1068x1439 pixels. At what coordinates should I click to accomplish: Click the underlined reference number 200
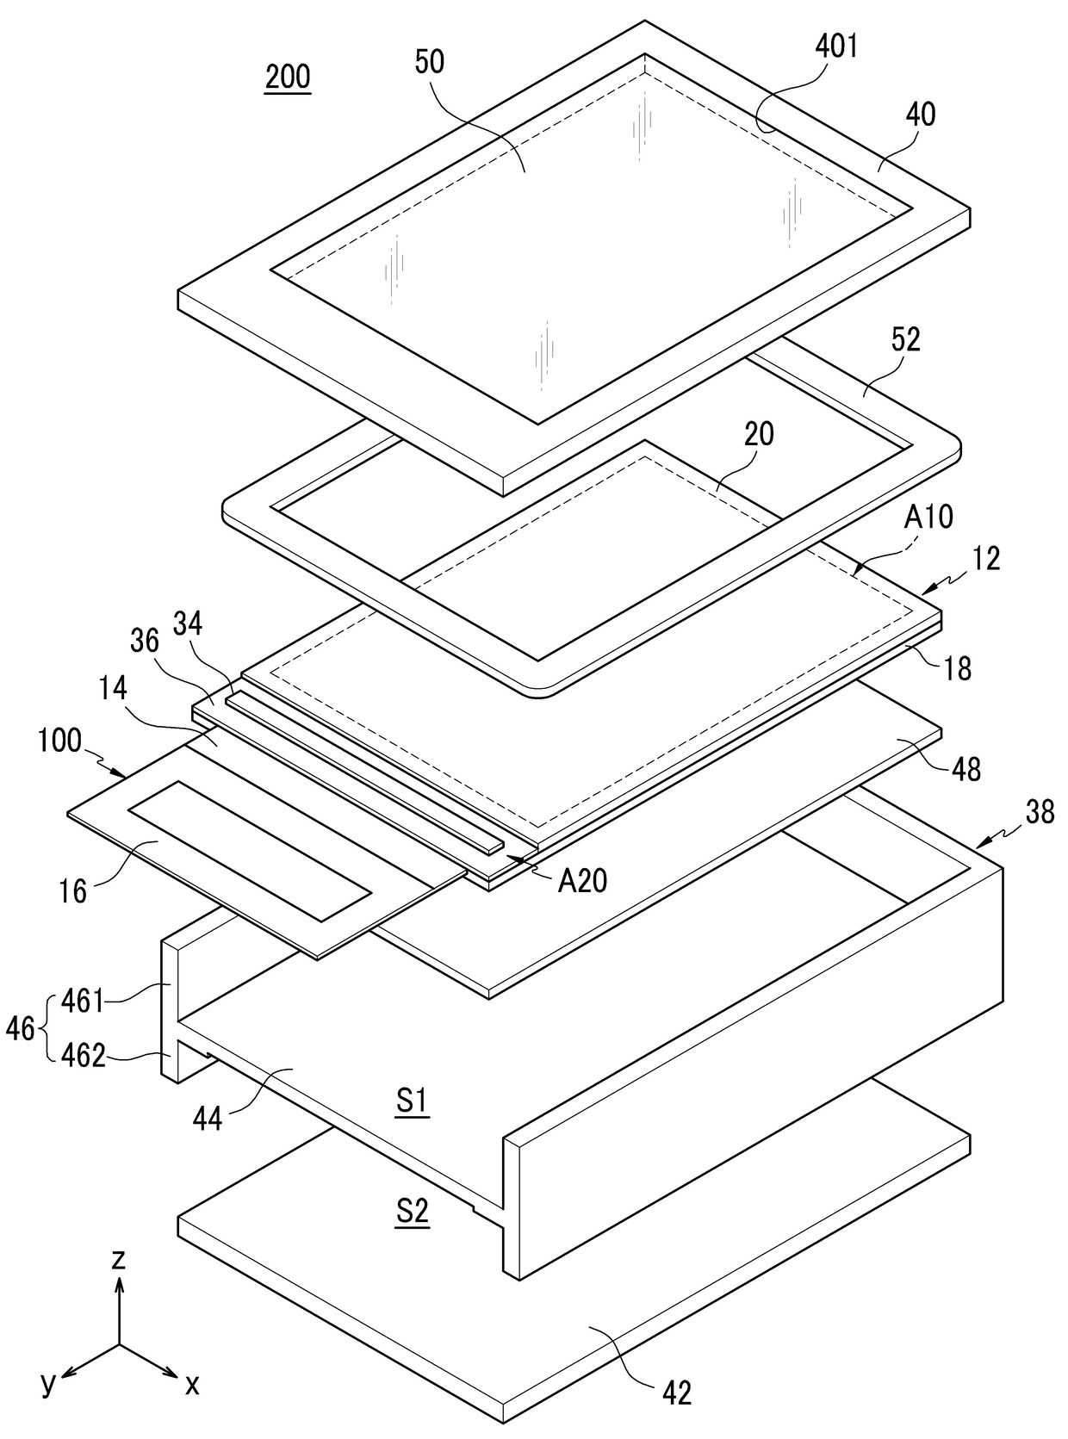tap(287, 78)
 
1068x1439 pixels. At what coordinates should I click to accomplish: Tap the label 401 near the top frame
tap(837, 46)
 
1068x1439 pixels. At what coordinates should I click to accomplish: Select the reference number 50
tap(430, 62)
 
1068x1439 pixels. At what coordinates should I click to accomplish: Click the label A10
tap(928, 517)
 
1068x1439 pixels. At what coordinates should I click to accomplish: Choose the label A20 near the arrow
tap(582, 880)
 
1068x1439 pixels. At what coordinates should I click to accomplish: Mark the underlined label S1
tap(412, 1103)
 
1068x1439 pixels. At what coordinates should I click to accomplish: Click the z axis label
tap(119, 1260)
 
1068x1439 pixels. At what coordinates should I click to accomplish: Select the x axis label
tap(192, 1384)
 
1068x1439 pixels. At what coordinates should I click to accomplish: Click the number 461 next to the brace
tap(82, 1002)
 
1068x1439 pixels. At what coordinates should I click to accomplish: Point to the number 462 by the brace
tap(84, 1055)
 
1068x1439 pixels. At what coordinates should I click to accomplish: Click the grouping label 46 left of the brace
tap(21, 1028)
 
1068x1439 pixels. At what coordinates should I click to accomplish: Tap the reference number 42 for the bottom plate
tap(677, 1392)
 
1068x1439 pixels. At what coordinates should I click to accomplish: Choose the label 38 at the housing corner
tap(1040, 812)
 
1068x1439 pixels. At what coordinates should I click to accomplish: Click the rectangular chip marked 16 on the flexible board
tap(249, 850)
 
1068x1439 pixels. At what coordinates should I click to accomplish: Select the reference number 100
tap(59, 741)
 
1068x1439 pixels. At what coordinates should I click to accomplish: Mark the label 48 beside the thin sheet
tap(966, 769)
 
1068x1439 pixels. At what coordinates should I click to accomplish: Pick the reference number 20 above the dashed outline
tap(758, 434)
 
